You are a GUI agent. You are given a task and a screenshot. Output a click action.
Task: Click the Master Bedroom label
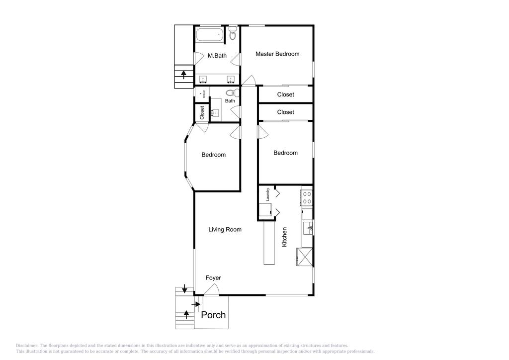point(277,54)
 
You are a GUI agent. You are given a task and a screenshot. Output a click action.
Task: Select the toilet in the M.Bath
point(233,34)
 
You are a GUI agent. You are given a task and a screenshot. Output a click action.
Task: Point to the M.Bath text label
point(217,56)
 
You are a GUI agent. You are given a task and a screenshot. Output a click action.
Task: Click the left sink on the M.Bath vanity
point(203,80)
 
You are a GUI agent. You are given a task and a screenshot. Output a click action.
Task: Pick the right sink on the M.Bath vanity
point(231,80)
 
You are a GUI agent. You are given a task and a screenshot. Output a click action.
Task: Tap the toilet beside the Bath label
point(230,92)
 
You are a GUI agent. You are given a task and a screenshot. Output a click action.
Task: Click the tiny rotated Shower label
point(204,93)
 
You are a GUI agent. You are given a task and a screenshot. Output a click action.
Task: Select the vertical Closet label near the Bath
point(202,112)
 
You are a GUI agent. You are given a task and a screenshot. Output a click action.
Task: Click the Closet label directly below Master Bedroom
point(285,94)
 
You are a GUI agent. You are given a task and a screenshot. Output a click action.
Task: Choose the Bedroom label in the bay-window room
point(213,155)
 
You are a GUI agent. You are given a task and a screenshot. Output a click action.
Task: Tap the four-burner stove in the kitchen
point(307,198)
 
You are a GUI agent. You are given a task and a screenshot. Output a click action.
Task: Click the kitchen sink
point(308,228)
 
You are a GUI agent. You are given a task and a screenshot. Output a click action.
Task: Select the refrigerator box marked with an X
point(304,257)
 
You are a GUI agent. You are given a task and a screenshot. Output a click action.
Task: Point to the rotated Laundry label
point(268,194)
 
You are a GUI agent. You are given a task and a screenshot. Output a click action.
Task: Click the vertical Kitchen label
point(285,237)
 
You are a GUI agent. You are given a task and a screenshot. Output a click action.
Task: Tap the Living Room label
point(225,229)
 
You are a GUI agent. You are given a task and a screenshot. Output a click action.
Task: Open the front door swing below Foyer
point(210,290)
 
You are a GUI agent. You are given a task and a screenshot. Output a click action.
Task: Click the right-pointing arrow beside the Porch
point(197,304)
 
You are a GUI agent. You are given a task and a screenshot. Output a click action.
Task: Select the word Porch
point(213,315)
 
